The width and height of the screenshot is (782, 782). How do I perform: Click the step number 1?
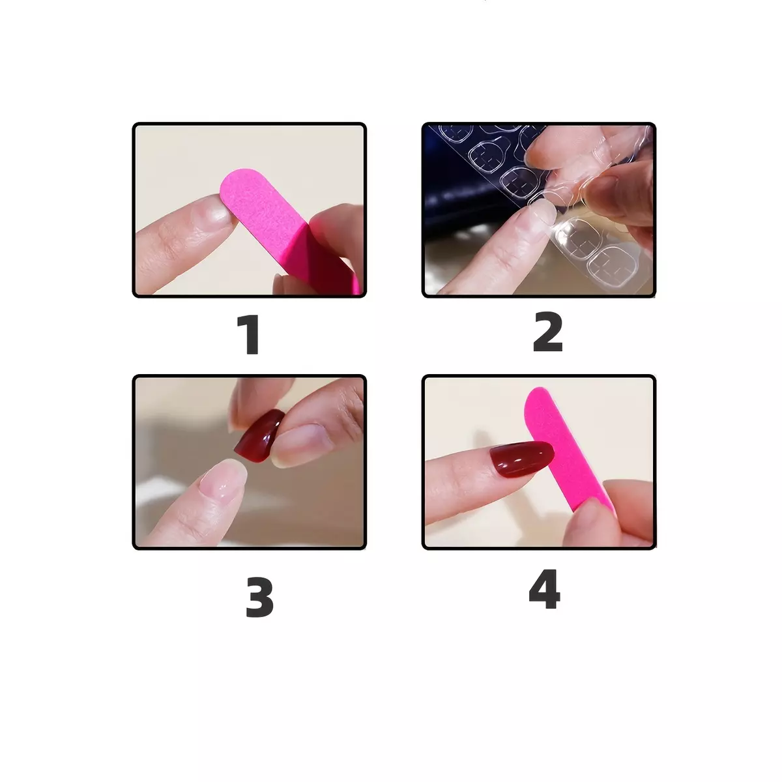tap(249, 334)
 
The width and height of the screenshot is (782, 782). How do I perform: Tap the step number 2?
tap(548, 332)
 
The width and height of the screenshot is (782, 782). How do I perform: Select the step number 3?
tap(259, 598)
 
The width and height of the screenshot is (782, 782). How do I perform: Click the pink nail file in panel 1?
tap(284, 227)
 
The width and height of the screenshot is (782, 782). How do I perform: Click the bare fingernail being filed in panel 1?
tap(219, 211)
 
